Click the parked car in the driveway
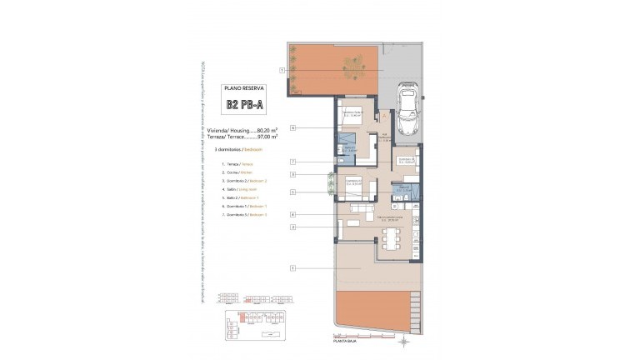coord(408,108)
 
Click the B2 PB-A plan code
coord(244,105)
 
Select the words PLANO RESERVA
coord(244,87)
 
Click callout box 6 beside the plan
coord(294,127)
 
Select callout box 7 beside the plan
coord(294,161)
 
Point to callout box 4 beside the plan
coord(294,214)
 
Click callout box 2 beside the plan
coord(294,227)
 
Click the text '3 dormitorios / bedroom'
coord(239,149)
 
